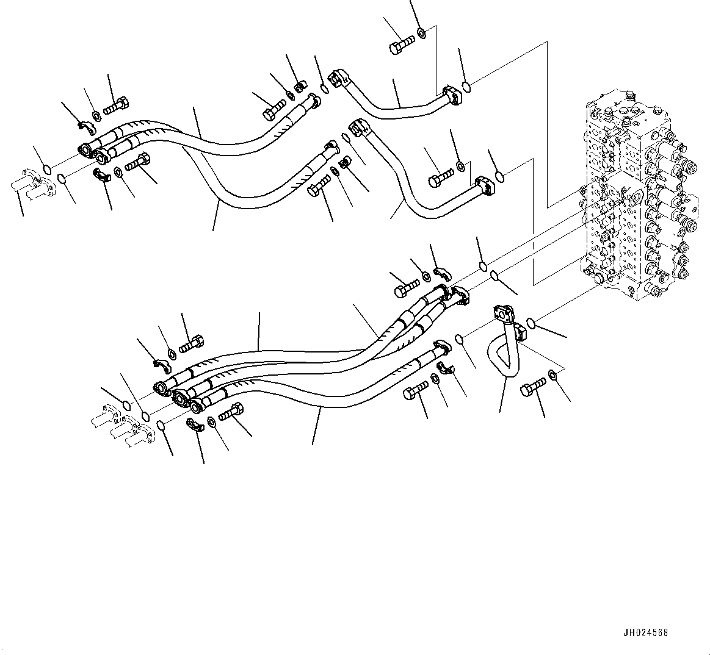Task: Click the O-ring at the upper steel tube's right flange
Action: click(466, 87)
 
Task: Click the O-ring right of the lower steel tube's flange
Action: click(499, 177)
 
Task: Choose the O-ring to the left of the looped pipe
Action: click(462, 339)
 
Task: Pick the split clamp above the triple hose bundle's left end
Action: click(161, 365)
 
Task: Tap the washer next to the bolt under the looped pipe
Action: click(552, 374)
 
